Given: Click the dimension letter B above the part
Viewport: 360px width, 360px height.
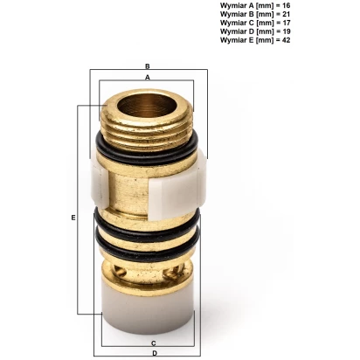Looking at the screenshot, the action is pyautogui.click(x=148, y=66).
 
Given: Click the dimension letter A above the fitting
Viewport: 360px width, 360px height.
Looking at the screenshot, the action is pyautogui.click(x=148, y=77).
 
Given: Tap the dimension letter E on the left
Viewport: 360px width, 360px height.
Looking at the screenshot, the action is pyautogui.click(x=73, y=218).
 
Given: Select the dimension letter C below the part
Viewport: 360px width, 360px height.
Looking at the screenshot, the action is pyautogui.click(x=154, y=343).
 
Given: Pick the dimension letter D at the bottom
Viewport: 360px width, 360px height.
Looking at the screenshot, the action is pyautogui.click(x=155, y=353).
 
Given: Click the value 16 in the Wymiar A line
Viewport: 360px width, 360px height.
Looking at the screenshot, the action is pyautogui.click(x=287, y=5).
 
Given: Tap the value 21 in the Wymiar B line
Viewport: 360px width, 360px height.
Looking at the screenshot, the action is pyautogui.click(x=287, y=14).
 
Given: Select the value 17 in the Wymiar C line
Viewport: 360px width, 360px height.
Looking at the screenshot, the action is pyautogui.click(x=287, y=23).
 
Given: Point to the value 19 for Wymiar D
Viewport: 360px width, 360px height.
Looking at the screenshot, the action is pyautogui.click(x=287, y=31).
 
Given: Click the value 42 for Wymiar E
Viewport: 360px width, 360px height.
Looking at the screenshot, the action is pyautogui.click(x=287, y=40).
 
